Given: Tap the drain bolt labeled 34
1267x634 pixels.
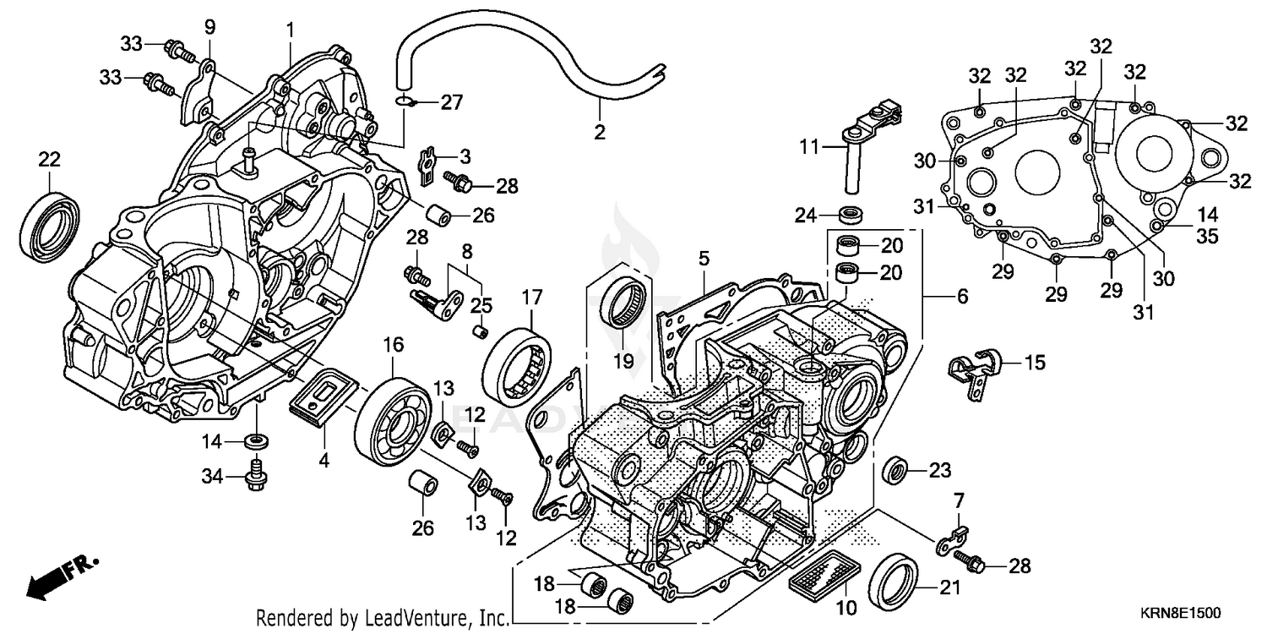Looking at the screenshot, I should [x=254, y=475].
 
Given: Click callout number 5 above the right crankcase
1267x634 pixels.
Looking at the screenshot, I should [x=704, y=259].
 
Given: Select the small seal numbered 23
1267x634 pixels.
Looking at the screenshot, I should [x=896, y=469].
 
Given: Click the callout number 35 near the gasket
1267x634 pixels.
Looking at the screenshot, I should [x=1207, y=237].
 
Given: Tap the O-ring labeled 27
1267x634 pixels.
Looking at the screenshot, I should [x=409, y=102].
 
